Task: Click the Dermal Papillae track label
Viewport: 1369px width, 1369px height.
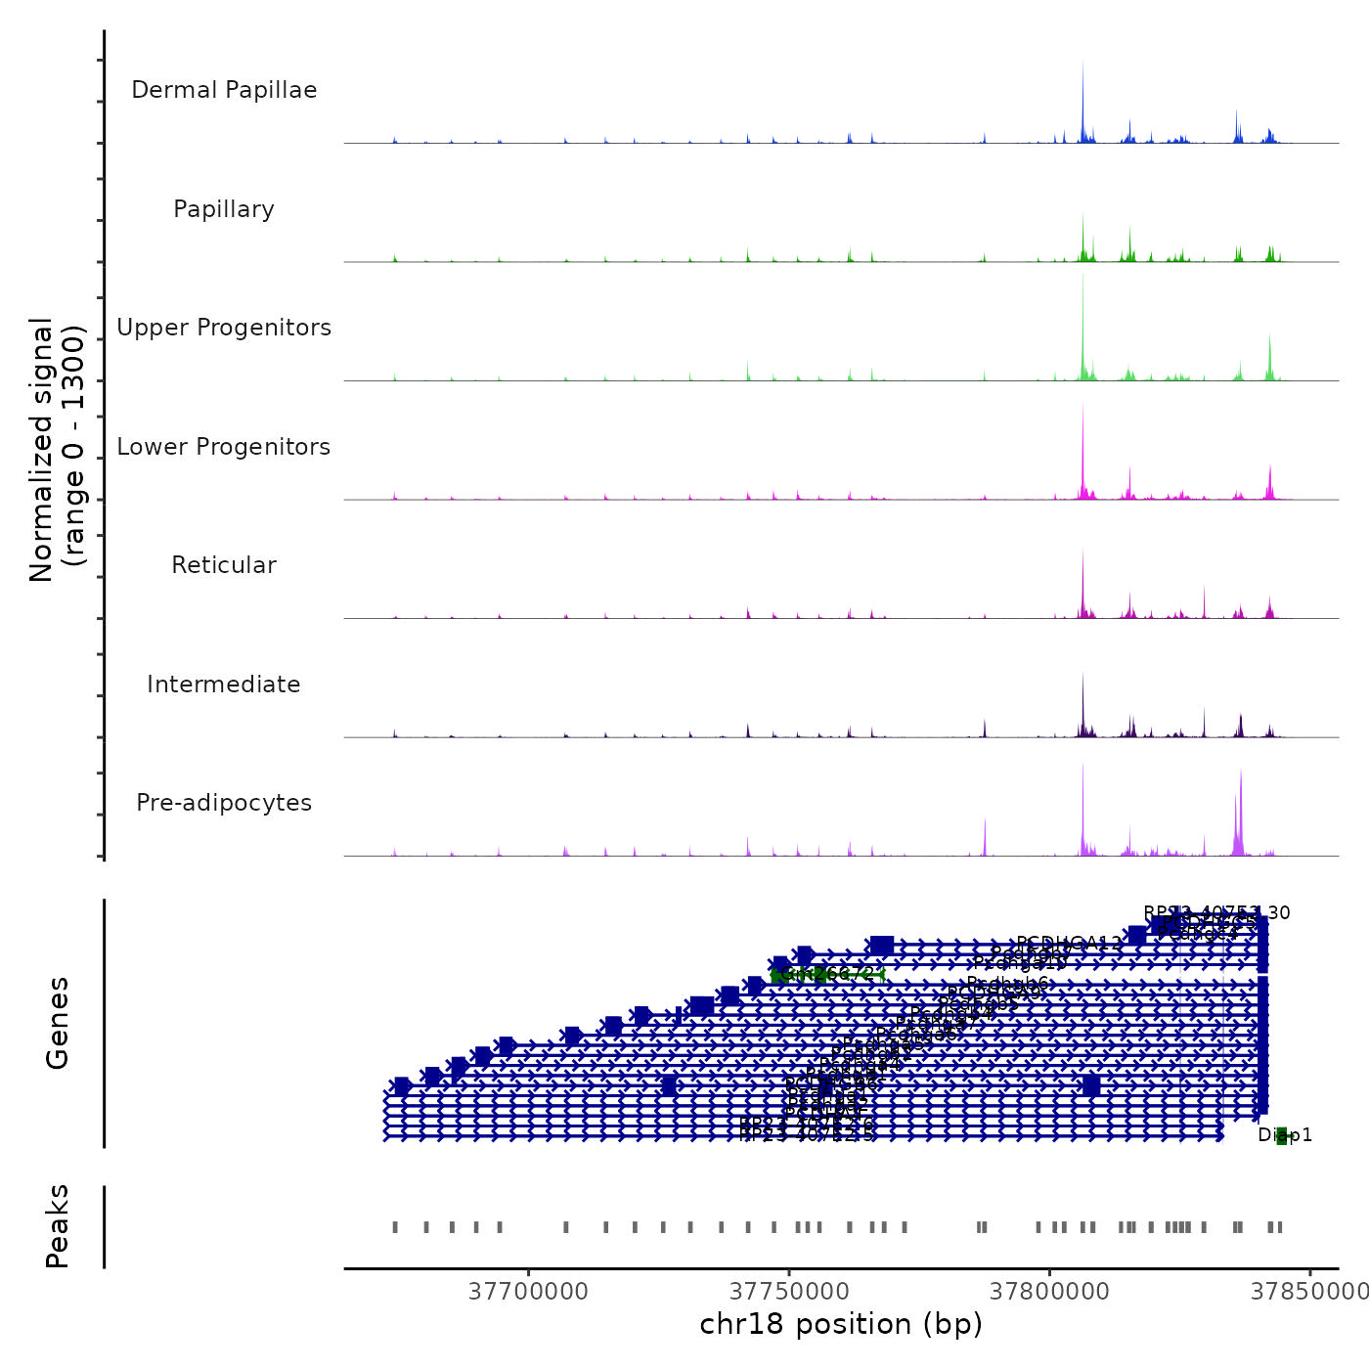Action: coord(224,90)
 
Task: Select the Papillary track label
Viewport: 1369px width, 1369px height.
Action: coord(224,209)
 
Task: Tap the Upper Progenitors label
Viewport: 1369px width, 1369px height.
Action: coord(224,328)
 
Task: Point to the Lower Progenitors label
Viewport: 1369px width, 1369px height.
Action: coord(224,447)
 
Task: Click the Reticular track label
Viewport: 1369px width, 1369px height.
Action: coord(224,565)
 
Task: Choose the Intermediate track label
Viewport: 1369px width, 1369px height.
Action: coord(224,684)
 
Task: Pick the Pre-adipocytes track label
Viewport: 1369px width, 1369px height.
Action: coord(224,803)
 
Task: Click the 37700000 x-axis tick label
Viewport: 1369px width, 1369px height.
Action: coord(529,1292)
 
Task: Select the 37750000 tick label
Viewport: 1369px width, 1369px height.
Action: coord(790,1292)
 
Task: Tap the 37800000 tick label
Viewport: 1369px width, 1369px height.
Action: coord(1050,1292)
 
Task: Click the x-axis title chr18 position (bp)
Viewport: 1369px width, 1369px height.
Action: coord(841,1324)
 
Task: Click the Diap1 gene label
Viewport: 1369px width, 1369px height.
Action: coord(1285,1135)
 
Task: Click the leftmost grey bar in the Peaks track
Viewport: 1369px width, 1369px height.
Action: coord(395,1227)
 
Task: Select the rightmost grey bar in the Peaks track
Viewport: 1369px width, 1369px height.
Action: coord(1280,1227)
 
